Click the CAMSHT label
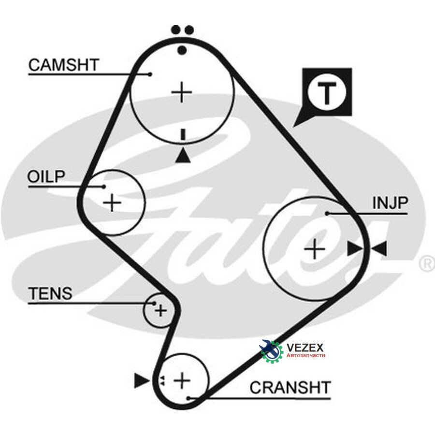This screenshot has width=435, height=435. pyautogui.click(x=63, y=65)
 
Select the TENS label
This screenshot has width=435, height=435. pyautogui.click(x=50, y=293)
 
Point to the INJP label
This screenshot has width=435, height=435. pyautogui.click(x=390, y=203)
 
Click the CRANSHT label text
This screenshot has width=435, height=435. pyautogui.click(x=290, y=388)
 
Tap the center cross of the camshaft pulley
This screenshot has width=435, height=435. pyautogui.click(x=182, y=92)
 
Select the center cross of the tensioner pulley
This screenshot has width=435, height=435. pyautogui.click(x=160, y=310)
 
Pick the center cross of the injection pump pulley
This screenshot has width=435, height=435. pyautogui.click(x=315, y=248)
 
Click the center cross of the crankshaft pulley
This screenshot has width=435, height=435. pyautogui.click(x=182, y=380)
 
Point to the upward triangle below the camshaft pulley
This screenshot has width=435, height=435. pyautogui.click(x=183, y=155)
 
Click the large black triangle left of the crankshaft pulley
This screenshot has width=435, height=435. pyautogui.click(x=142, y=380)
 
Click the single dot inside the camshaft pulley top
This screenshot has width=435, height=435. pyautogui.click(x=182, y=50)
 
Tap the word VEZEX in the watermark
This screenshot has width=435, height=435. pyautogui.click(x=305, y=348)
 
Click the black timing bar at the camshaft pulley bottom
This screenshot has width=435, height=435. pyautogui.click(x=183, y=134)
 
